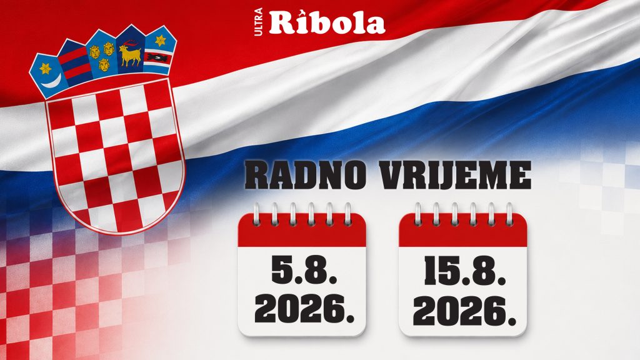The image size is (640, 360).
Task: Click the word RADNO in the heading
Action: click(305, 176)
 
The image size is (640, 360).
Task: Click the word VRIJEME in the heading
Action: click(455, 176)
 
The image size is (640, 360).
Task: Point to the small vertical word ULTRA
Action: click(259, 22)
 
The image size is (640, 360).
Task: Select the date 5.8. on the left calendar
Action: click(304, 270)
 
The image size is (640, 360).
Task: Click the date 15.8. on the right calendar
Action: click(465, 271)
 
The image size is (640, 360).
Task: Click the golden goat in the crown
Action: click(130, 54)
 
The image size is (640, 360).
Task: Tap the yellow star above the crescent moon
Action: click(46, 67)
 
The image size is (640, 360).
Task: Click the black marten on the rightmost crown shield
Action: click(157, 57)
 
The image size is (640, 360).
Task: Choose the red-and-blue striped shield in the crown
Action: click(74, 62)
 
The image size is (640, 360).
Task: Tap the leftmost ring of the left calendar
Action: click(256, 214)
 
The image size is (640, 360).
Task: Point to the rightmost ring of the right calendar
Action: click(509, 214)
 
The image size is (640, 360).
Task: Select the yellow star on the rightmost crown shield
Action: click(161, 41)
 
